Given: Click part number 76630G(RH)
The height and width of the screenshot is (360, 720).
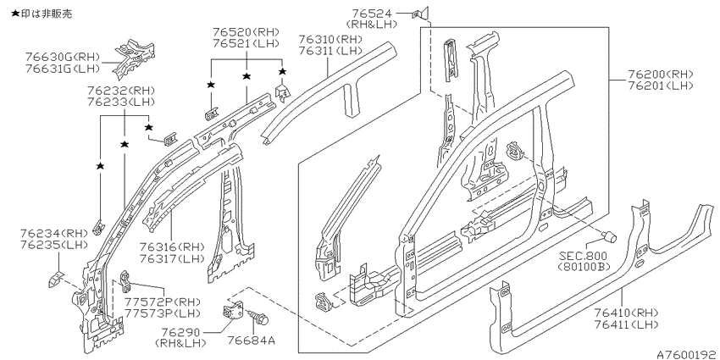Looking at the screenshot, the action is (63, 58).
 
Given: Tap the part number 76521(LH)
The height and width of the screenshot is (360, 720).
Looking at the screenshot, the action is (246, 43).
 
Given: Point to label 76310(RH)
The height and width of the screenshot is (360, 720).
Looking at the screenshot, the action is (330, 39).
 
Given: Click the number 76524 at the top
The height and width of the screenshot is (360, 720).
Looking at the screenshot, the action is (372, 14).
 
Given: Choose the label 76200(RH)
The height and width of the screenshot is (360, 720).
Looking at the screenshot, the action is (660, 74).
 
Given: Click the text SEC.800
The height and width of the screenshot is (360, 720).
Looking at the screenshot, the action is (583, 256).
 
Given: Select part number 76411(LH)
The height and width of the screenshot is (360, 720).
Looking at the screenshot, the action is (626, 324).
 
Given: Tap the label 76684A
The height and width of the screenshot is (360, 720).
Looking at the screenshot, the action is (252, 341).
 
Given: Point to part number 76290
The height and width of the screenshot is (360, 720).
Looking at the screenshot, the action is (180, 332).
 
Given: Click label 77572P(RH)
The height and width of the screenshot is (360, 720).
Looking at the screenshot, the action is (163, 302).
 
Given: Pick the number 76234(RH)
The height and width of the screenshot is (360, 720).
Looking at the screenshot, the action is (53, 233).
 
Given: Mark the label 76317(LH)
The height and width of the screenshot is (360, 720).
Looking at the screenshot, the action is (172, 259).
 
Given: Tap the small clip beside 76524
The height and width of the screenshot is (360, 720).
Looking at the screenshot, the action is (420, 14).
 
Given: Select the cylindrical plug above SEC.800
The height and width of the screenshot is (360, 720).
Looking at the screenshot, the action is (610, 237).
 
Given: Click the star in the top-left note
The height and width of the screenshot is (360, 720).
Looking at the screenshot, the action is (15, 14).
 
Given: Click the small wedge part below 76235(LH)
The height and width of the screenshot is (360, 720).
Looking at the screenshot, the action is (56, 279).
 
